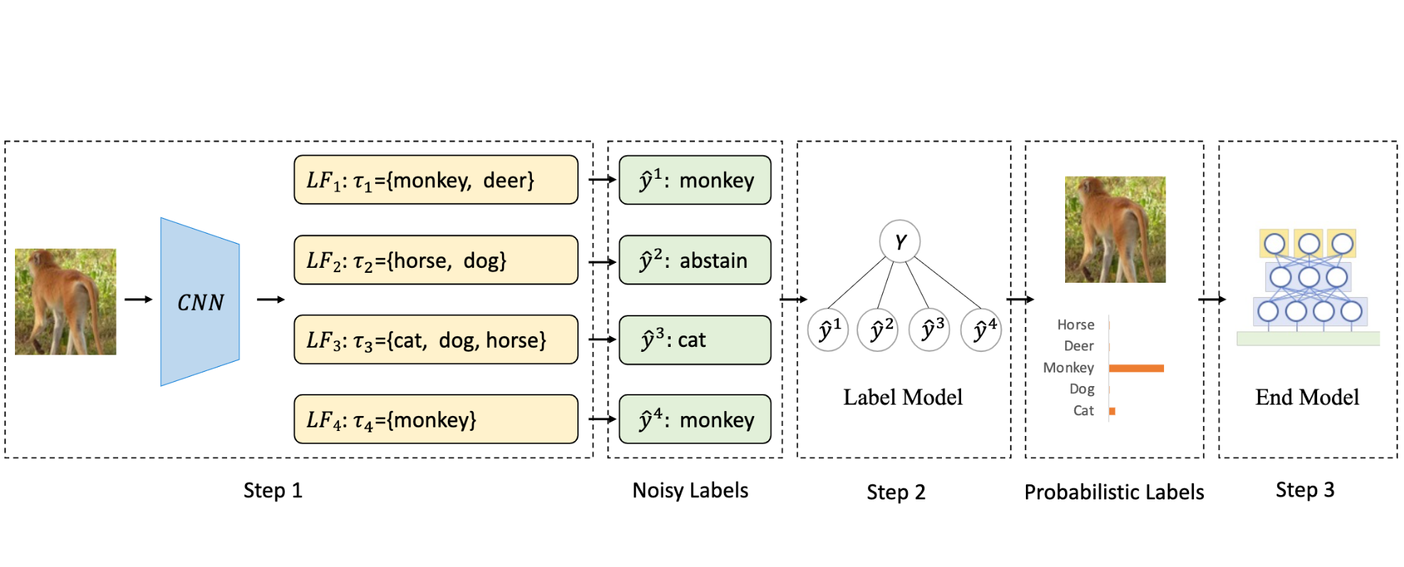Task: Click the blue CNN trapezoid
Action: (200, 302)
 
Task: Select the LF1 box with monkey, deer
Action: (436, 180)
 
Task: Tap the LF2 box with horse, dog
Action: (436, 260)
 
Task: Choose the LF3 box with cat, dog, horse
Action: (436, 340)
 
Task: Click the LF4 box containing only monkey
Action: (436, 420)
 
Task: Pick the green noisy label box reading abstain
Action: (695, 260)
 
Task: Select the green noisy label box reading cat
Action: (695, 340)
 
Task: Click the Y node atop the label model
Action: (900, 241)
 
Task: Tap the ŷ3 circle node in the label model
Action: (930, 329)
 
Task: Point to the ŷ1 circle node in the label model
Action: (828, 329)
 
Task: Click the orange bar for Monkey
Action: (1136, 368)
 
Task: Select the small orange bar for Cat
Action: (1112, 411)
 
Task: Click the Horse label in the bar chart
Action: (1075, 325)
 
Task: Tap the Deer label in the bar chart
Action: (1079, 346)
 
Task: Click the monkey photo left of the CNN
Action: (66, 301)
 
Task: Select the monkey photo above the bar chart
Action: (1115, 229)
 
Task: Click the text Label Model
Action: (903, 397)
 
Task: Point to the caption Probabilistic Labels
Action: (1114, 492)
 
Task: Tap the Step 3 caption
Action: (1304, 490)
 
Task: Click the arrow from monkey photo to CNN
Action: (138, 300)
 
